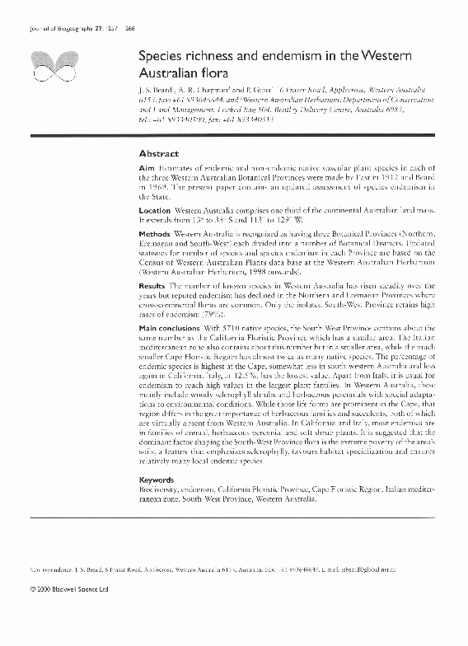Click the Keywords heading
point(157,479)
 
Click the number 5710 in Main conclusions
point(246,327)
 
